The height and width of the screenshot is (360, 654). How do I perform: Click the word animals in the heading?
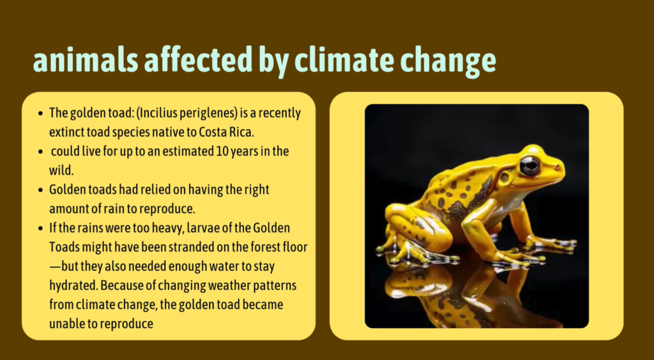(86, 61)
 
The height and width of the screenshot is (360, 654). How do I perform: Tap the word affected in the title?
(199, 61)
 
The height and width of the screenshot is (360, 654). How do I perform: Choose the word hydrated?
(73, 287)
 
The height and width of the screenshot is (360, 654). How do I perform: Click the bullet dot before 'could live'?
(40, 152)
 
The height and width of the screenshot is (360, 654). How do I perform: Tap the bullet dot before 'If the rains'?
(40, 229)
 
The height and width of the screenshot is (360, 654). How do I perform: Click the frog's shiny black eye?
(529, 166)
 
